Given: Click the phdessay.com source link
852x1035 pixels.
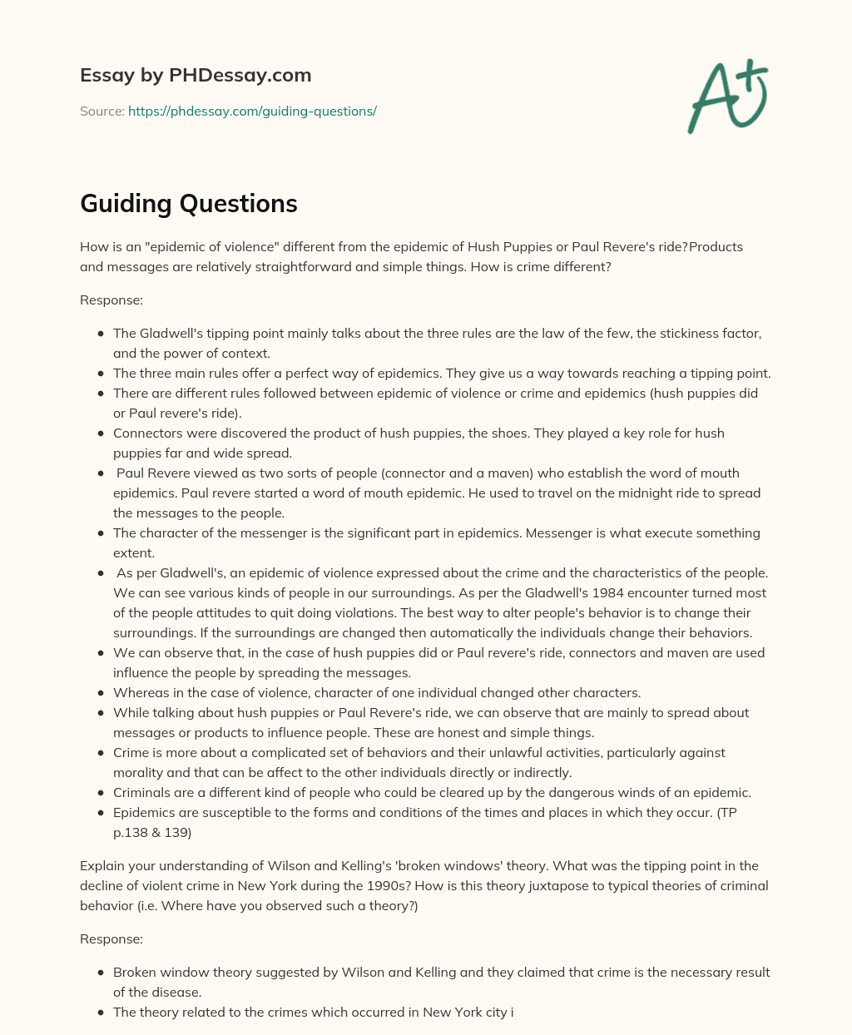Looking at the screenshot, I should (x=252, y=111).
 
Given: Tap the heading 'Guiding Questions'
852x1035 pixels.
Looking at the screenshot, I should (x=188, y=203).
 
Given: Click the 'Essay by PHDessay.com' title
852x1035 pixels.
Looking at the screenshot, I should (x=196, y=75).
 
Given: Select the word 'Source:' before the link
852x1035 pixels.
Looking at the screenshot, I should (x=102, y=111).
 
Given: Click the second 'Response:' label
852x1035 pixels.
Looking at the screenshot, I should (x=111, y=938).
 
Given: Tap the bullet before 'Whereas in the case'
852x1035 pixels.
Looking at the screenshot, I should (x=101, y=692).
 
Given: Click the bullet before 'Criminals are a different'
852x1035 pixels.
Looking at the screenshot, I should (x=101, y=792).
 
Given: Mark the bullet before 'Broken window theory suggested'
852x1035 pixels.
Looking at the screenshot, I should (x=101, y=972).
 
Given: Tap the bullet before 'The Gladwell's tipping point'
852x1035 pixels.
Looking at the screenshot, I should (x=101, y=333).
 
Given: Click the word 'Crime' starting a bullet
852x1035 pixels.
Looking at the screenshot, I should (x=131, y=752).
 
